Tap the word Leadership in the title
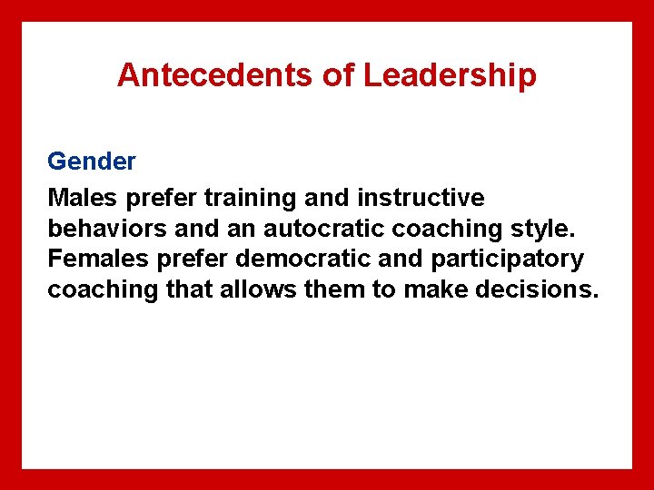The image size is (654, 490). point(450,75)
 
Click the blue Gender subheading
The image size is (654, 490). point(92,162)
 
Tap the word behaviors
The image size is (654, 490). point(105,228)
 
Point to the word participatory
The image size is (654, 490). point(507,260)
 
